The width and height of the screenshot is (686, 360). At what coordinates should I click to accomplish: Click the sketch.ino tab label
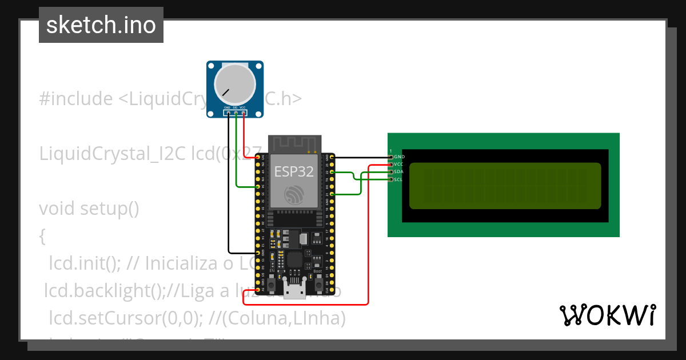pos(101,25)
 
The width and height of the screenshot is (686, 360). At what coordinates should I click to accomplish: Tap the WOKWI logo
pos(607,315)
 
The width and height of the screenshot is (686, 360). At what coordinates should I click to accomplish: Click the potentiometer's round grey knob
pos(234,84)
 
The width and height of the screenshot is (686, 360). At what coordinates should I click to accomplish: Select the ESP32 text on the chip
pos(294,171)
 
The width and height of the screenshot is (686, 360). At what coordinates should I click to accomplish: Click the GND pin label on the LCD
pos(400,157)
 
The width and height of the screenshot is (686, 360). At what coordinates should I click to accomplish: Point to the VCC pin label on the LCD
pos(399,164)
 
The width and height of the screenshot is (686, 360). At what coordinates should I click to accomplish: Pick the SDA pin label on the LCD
pos(399,171)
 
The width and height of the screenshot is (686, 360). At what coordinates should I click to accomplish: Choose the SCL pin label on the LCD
pos(398,179)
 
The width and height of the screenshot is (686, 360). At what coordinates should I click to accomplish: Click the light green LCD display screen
pos(505,185)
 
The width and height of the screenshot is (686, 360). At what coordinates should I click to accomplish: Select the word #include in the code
pos(76,99)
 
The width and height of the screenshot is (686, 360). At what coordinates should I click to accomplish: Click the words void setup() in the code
pos(89,209)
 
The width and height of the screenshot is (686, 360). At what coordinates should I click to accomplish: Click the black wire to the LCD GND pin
pos(360,157)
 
